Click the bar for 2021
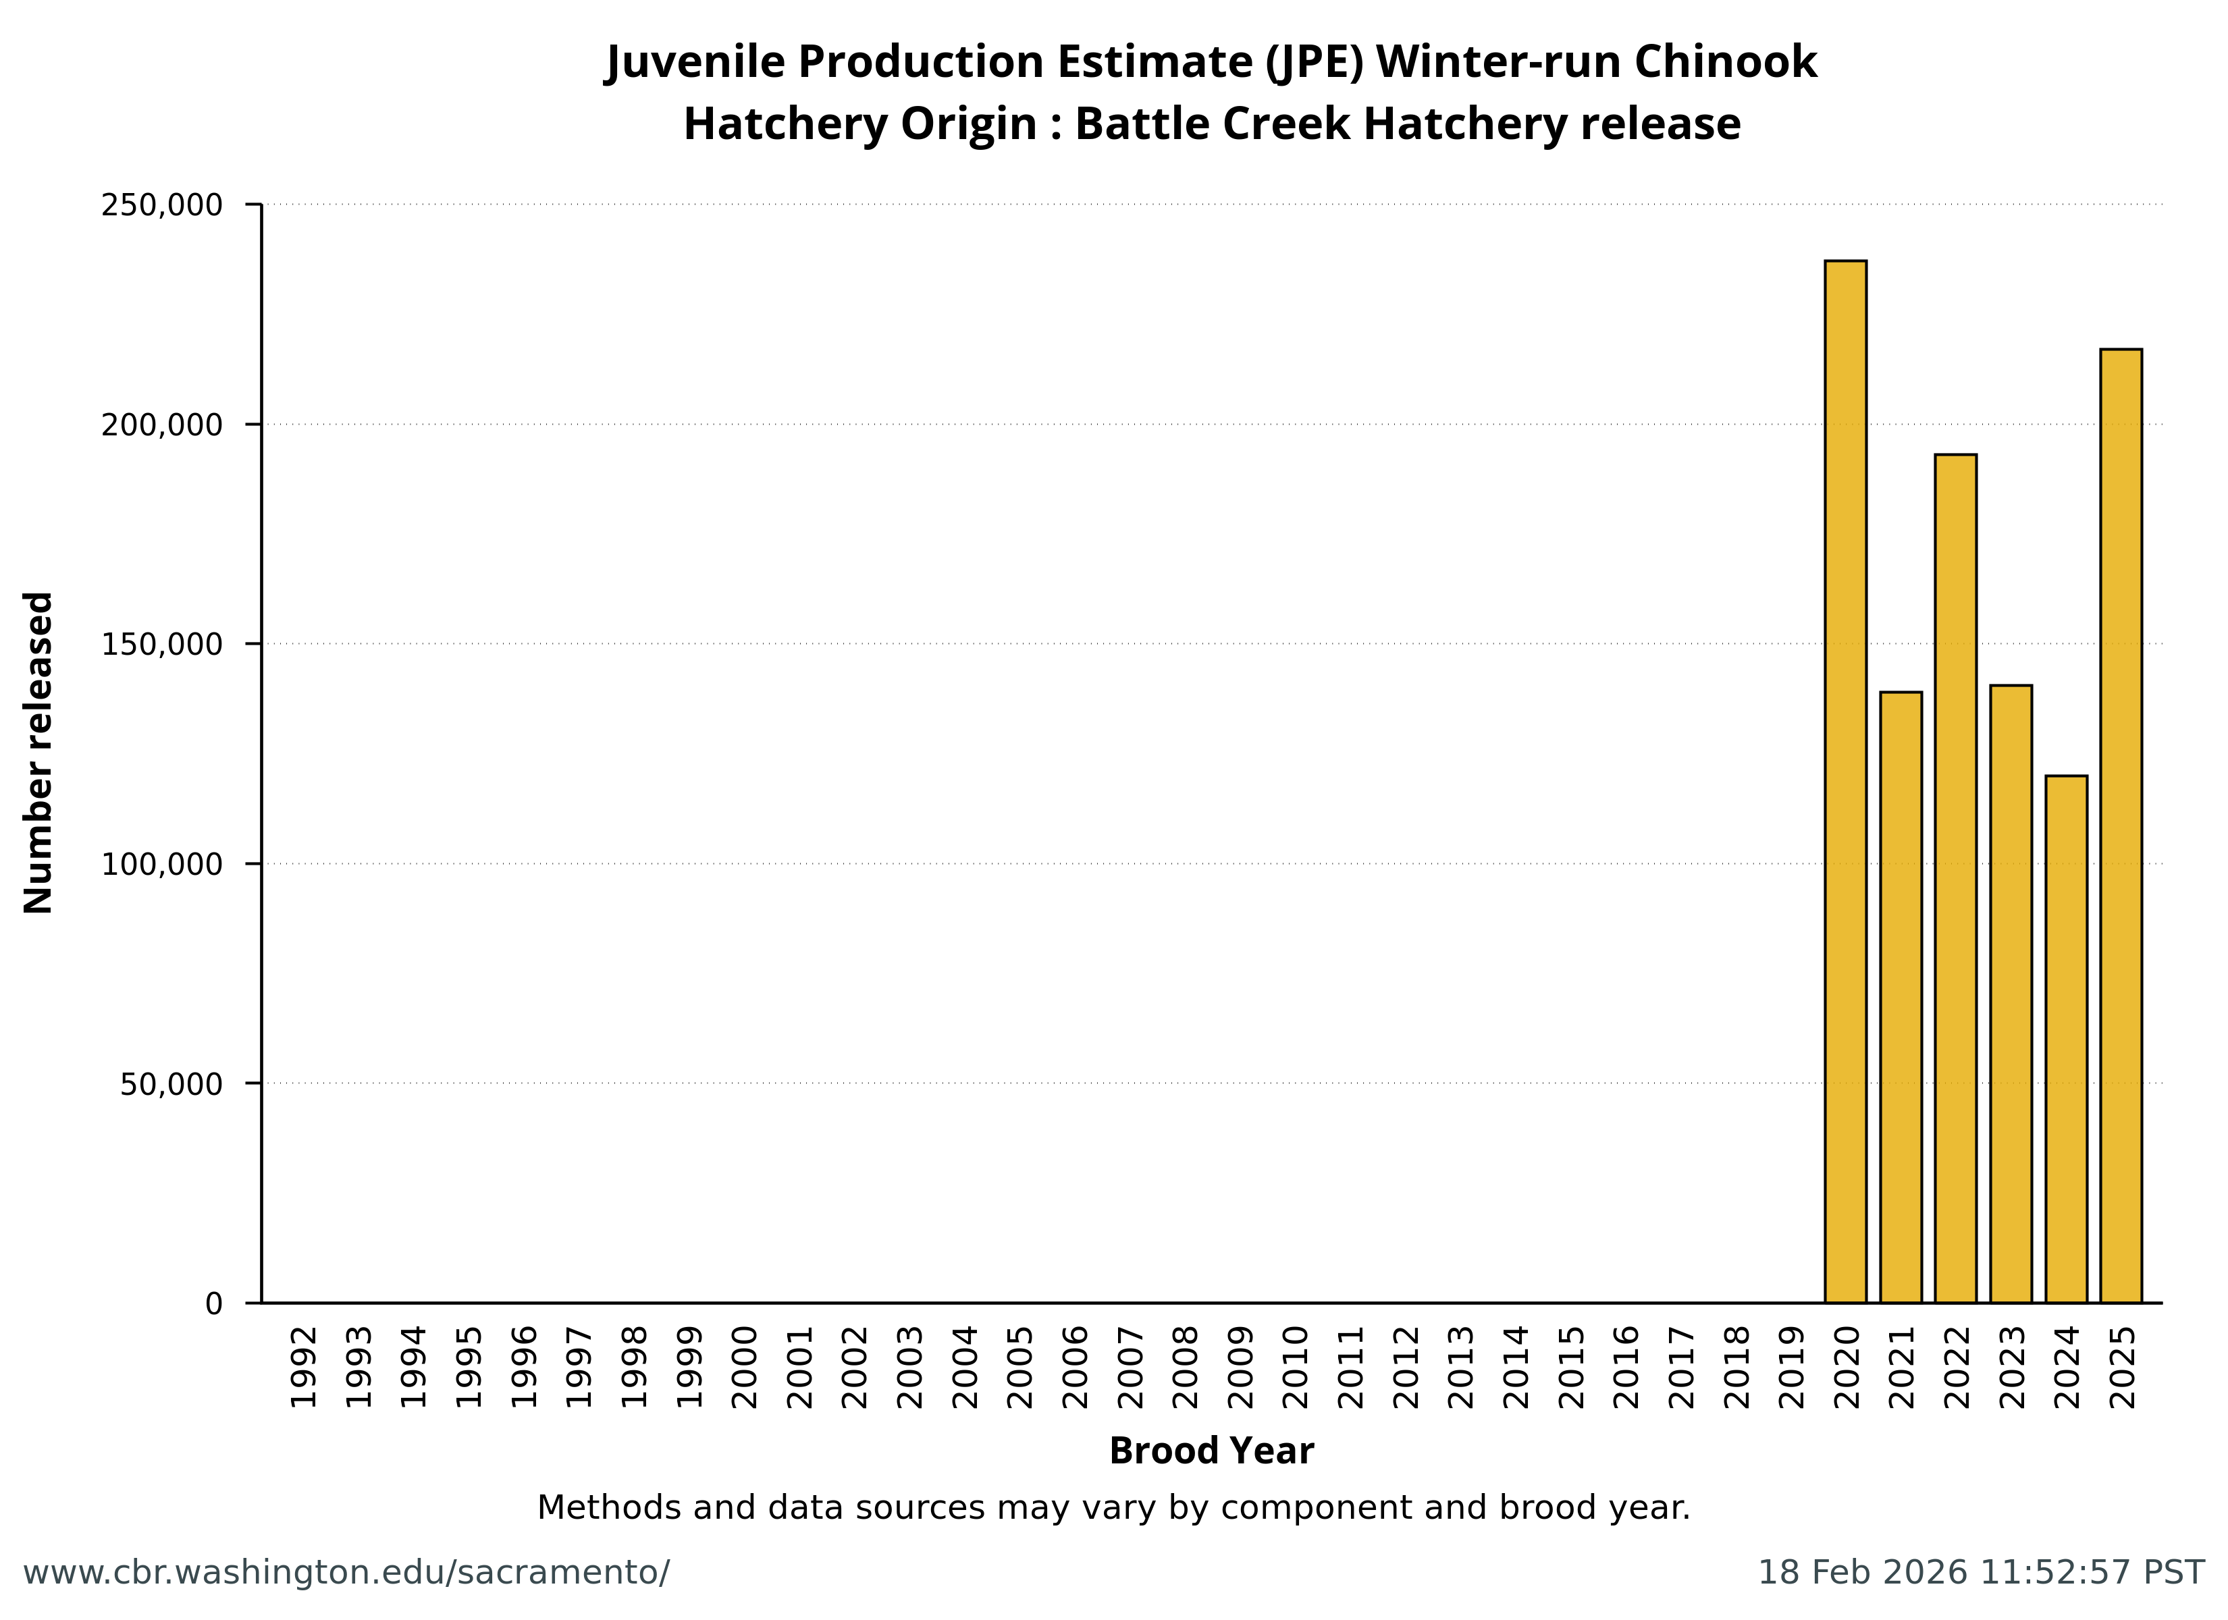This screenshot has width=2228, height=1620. [x=1900, y=997]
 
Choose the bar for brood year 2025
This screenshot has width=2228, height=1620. [x=2121, y=826]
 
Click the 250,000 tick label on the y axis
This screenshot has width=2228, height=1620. [x=162, y=205]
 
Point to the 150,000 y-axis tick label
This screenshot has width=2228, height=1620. [x=162, y=645]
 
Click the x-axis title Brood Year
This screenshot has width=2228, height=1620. [x=1211, y=1451]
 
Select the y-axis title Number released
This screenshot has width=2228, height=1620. [x=38, y=753]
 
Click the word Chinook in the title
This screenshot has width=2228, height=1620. [x=1725, y=62]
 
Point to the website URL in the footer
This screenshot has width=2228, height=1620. [x=346, y=1572]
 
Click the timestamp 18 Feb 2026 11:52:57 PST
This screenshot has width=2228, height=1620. [x=1980, y=1572]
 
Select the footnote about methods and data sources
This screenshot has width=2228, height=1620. [x=1113, y=1507]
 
